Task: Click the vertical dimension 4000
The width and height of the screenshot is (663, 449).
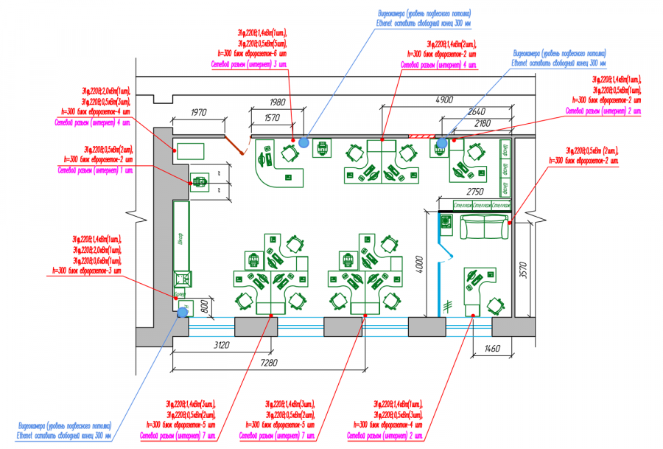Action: pyautogui.click(x=418, y=265)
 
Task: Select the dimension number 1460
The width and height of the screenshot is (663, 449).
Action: pyautogui.click(x=491, y=347)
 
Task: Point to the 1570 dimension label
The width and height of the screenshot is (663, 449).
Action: pyautogui.click(x=272, y=118)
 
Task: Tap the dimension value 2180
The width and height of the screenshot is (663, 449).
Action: pyautogui.click(x=483, y=122)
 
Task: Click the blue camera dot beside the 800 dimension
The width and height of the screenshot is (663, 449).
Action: pyautogui.click(x=182, y=313)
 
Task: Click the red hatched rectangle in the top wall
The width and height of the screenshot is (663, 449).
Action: pyautogui.click(x=421, y=136)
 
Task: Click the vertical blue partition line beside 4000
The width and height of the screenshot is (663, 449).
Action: pyautogui.click(x=439, y=265)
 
